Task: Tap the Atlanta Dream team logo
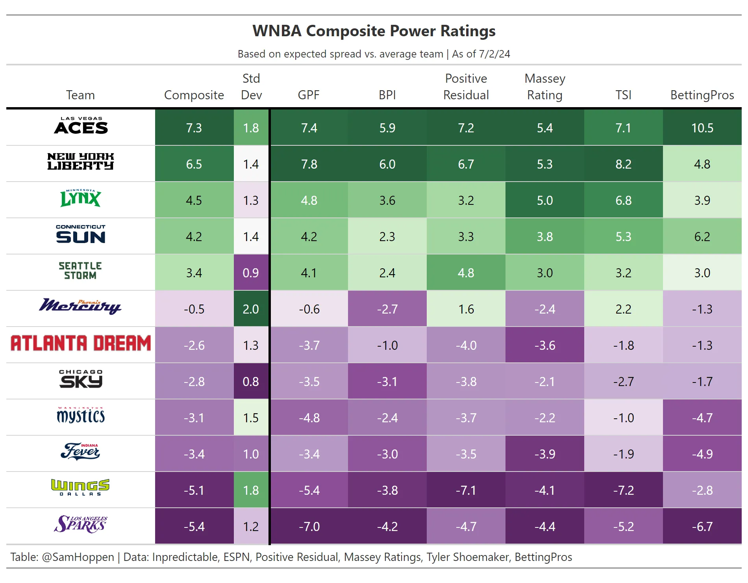click(x=81, y=343)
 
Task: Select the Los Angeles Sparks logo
click(x=81, y=525)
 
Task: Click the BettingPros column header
click(x=702, y=95)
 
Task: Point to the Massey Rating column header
click(x=545, y=87)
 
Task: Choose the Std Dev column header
click(x=251, y=87)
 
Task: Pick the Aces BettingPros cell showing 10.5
click(x=702, y=128)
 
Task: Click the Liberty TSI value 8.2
click(x=623, y=164)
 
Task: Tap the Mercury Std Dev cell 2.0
click(x=251, y=309)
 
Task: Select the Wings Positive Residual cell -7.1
click(x=466, y=490)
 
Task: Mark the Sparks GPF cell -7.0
click(x=309, y=527)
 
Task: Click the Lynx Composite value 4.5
click(x=194, y=201)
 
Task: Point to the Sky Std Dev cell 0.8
click(x=251, y=382)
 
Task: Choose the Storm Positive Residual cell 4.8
click(x=466, y=273)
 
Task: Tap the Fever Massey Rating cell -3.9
click(x=545, y=454)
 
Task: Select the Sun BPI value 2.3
click(x=387, y=237)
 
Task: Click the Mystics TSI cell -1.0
click(x=623, y=418)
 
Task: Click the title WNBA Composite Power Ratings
click(x=374, y=31)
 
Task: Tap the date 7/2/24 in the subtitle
click(x=494, y=54)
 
